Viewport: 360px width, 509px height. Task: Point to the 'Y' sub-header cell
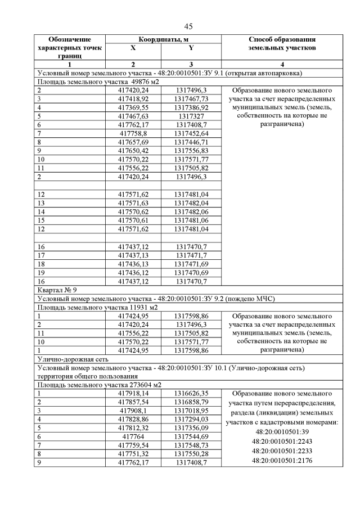click(x=191, y=48)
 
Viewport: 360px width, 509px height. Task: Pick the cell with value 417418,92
click(x=133, y=98)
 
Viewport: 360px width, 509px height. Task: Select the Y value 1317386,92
click(x=191, y=107)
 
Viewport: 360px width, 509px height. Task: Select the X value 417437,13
click(x=133, y=255)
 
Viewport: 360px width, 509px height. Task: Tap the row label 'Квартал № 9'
click(x=56, y=290)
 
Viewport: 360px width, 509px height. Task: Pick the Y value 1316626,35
click(x=191, y=393)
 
